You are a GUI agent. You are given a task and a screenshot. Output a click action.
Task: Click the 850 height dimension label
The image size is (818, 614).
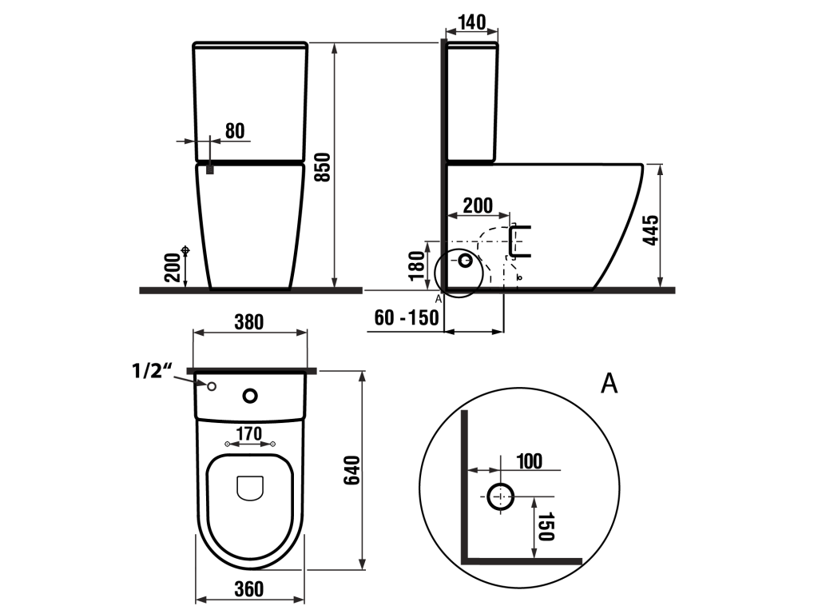tap(324, 167)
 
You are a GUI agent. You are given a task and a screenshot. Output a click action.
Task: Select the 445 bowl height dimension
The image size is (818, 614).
tap(651, 229)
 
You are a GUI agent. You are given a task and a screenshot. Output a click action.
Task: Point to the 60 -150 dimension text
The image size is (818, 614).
tap(407, 317)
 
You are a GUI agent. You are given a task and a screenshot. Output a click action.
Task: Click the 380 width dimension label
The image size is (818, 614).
tap(249, 322)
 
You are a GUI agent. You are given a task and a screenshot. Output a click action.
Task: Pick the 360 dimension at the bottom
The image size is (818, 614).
tap(249, 589)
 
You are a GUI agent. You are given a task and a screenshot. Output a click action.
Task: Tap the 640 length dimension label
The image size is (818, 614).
tap(352, 470)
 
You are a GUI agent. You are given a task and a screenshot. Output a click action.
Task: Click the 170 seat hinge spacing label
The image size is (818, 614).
tap(249, 433)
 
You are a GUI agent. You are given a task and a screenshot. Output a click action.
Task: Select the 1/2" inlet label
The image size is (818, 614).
tap(152, 371)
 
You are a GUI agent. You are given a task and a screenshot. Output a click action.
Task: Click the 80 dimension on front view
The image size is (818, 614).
tap(235, 130)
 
